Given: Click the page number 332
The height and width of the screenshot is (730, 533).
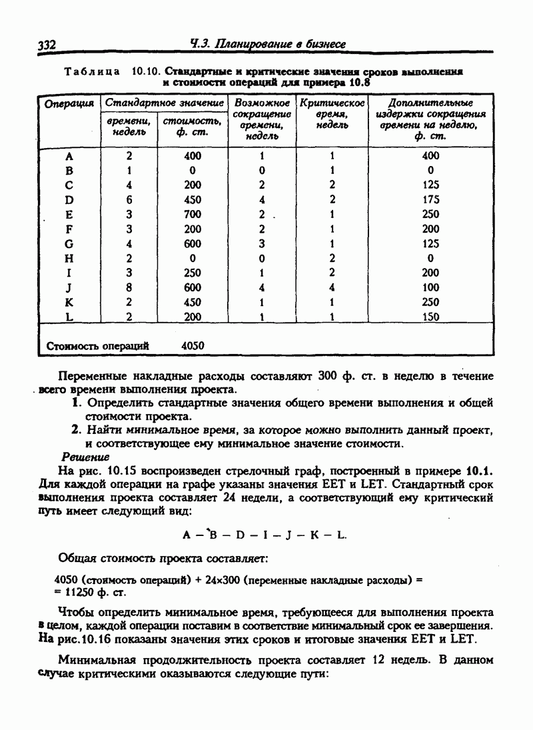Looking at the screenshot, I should (46, 45).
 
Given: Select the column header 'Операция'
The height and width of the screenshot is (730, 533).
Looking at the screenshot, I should (69, 103).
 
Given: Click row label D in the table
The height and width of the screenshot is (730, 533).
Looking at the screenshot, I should (69, 199).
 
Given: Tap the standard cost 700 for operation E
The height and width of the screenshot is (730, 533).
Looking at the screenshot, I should (193, 214).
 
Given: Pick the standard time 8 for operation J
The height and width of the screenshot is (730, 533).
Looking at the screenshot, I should (129, 287).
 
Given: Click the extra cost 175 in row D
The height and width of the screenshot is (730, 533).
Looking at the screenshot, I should (430, 199).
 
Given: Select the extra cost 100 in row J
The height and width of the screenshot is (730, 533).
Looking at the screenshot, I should (430, 287).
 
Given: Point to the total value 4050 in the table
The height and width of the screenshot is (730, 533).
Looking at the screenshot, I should (193, 346).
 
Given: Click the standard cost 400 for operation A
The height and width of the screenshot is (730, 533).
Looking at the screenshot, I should (193, 155).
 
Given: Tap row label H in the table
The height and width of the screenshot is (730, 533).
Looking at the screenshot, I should (69, 258).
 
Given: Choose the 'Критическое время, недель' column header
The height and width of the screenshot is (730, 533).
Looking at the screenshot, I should (332, 114).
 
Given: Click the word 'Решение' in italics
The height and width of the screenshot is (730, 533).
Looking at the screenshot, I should (85, 457).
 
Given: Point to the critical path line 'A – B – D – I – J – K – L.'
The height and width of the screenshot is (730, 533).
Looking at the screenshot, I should (265, 535).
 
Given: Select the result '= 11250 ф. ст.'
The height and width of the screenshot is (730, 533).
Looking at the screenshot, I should (91, 591).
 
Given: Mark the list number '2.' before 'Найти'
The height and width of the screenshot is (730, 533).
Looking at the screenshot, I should (77, 430).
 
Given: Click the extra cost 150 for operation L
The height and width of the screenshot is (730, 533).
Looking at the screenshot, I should (430, 317).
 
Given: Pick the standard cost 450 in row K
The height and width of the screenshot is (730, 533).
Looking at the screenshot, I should (193, 302).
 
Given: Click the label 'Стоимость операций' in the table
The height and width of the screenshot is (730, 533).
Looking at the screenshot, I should (97, 346).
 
